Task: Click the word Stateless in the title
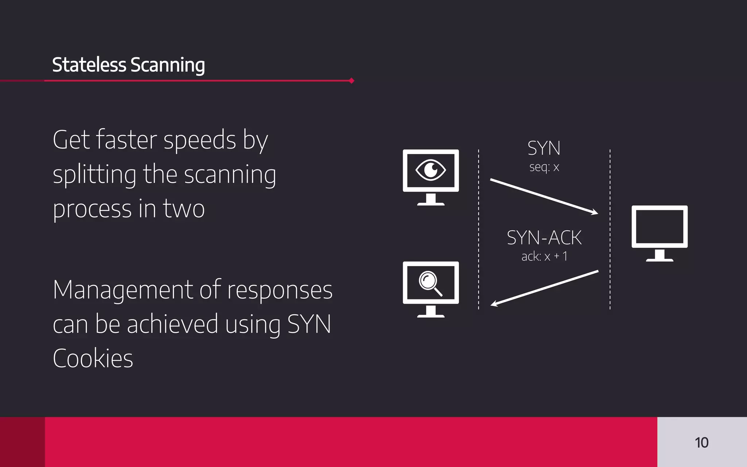click(x=89, y=65)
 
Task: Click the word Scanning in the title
click(x=168, y=66)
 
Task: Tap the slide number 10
click(x=701, y=443)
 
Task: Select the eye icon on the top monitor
click(x=431, y=170)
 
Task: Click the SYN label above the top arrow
click(x=544, y=148)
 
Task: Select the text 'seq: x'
click(x=544, y=167)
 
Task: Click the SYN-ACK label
click(x=544, y=238)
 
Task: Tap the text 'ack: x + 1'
click(x=544, y=256)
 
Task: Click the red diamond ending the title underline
click(x=351, y=81)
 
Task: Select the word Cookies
click(x=93, y=358)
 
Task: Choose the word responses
click(x=280, y=290)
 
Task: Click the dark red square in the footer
click(x=22, y=442)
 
